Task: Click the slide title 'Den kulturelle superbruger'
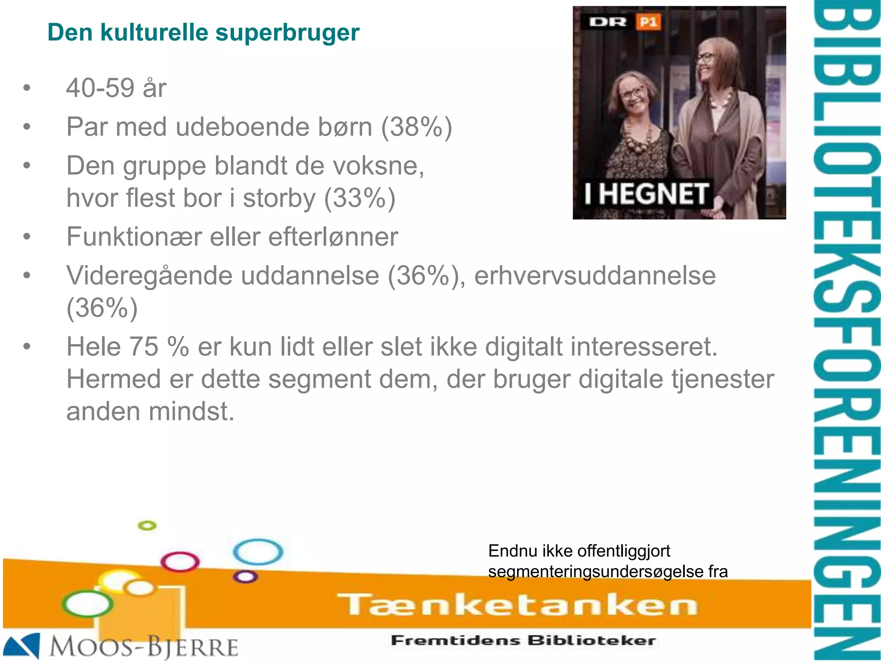(x=203, y=33)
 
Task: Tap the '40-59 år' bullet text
(x=116, y=88)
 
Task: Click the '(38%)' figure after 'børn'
(x=416, y=127)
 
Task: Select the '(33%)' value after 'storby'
(x=360, y=198)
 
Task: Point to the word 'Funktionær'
(x=133, y=237)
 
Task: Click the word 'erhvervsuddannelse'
(x=595, y=276)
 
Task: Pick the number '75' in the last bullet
(x=144, y=347)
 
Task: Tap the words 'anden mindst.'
(x=150, y=411)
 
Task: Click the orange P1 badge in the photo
(x=648, y=22)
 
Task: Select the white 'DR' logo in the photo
(x=607, y=22)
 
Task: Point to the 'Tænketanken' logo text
(x=517, y=605)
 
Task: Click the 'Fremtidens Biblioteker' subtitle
(x=523, y=640)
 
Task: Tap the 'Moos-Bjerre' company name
(x=144, y=647)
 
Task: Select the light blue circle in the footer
(x=258, y=552)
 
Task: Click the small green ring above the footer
(x=147, y=525)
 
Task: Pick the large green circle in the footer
(x=87, y=604)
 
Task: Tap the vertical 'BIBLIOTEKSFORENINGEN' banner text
(x=846, y=330)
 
